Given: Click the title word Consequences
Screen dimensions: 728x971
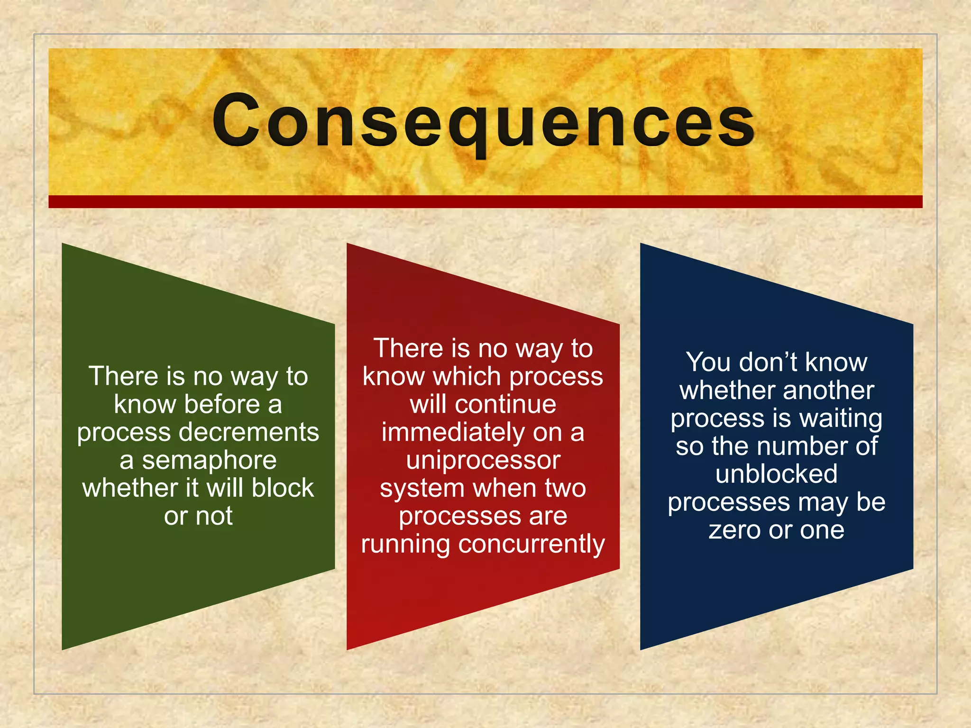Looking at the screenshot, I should tap(484, 121).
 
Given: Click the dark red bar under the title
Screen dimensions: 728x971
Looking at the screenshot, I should tap(485, 201).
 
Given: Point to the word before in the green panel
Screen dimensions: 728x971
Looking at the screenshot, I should tap(222, 405).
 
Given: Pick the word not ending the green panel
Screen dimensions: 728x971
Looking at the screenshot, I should tap(214, 516).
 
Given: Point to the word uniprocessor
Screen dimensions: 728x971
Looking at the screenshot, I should tap(483, 461).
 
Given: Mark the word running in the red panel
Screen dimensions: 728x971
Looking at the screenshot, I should tap(405, 544).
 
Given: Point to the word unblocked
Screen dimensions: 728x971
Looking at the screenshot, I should tap(777, 474).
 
